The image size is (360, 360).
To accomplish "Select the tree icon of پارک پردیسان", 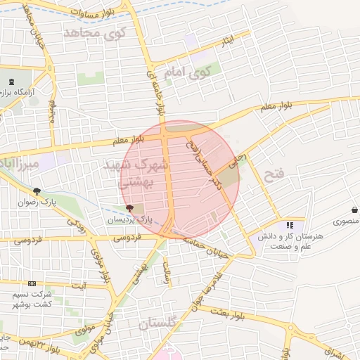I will pyautogui.click(x=128, y=208).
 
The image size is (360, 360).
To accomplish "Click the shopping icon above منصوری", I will pyautogui.click(x=351, y=210).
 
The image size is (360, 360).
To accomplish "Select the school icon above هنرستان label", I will pyautogui.click(x=289, y=226).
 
